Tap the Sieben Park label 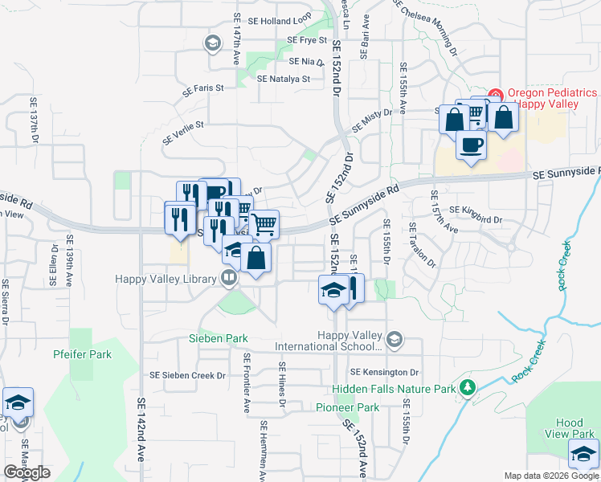(218, 339)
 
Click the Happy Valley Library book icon (229, 279)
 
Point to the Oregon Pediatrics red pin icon (496, 95)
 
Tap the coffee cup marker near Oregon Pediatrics (471, 145)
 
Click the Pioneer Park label (347, 408)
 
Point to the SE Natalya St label (284, 79)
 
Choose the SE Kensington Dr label (384, 373)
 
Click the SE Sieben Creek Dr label (188, 375)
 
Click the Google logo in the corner (27, 472)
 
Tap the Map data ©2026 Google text (550, 476)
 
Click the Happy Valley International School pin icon (394, 340)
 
